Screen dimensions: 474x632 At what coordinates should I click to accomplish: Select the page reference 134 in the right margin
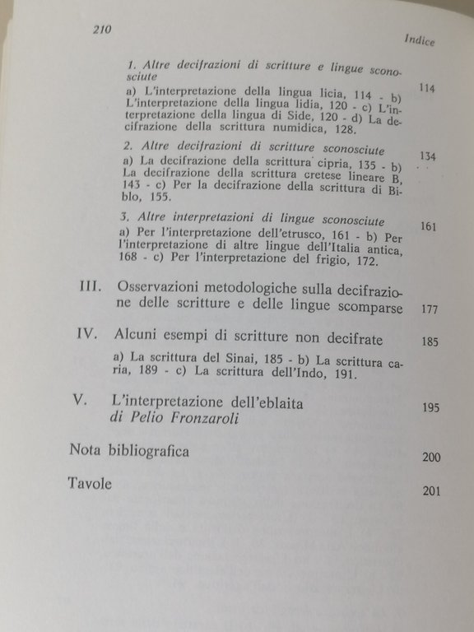(428, 156)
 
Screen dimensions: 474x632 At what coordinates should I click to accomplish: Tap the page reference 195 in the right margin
(430, 407)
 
